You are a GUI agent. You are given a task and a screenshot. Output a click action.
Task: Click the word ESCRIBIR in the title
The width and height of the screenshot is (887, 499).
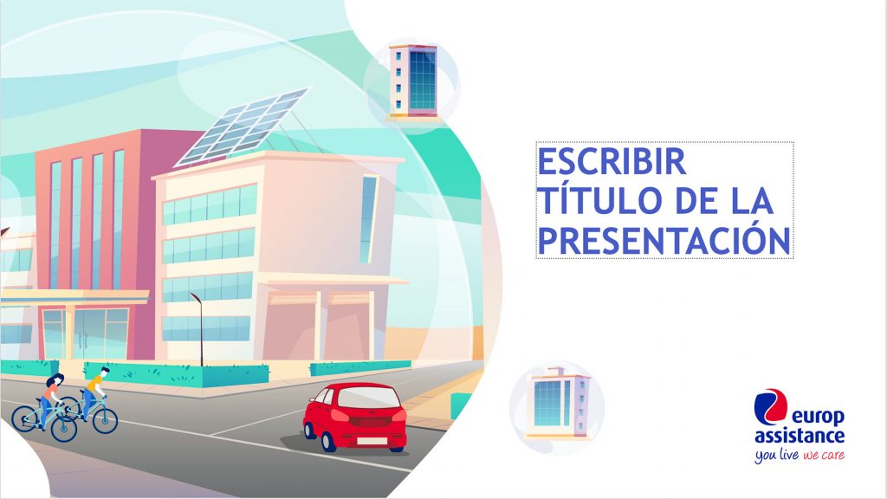coord(612,161)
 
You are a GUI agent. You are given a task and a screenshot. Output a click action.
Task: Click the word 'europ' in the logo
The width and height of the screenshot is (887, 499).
coord(818,418)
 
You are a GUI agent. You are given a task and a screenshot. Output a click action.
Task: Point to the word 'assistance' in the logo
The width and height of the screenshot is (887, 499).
coord(800,436)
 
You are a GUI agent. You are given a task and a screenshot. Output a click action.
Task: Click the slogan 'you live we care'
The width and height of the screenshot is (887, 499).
coord(800,454)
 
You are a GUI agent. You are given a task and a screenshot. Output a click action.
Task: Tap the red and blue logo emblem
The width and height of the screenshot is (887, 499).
coord(770,405)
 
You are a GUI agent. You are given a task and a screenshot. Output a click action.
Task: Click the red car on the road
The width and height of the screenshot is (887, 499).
coord(354,417)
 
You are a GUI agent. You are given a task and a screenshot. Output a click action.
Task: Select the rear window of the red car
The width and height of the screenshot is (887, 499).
coord(368,398)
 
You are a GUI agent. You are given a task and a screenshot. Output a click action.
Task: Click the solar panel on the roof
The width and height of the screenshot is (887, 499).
coord(243,127)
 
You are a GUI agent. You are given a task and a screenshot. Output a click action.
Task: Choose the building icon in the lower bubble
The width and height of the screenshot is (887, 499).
coord(558,403)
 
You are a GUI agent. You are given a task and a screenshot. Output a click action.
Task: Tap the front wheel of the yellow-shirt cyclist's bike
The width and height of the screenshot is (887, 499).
coord(105,420)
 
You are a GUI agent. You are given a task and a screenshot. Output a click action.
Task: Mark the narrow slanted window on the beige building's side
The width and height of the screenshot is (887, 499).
coord(368,219)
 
